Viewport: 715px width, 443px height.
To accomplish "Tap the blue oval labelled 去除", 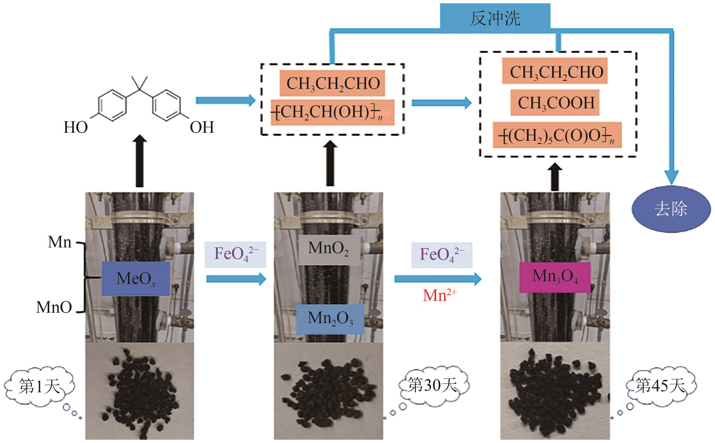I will pos(671,209).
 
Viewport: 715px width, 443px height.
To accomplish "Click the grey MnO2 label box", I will pos(328,249).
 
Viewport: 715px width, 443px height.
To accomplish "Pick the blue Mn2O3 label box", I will pos(330,319).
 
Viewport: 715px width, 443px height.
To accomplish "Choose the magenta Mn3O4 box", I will pos(555,277).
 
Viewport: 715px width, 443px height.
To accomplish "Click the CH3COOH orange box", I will pos(555,103).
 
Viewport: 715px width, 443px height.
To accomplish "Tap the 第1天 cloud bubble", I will pos(39,386).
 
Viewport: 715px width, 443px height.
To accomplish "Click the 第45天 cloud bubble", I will pos(660,385).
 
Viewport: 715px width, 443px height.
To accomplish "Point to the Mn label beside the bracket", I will pos(60,242).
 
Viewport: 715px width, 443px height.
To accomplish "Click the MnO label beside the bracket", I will pos(54,307).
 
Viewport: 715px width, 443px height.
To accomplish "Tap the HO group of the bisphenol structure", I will pos(76,128).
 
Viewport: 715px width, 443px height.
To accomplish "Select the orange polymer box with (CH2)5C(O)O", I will pos(557,135).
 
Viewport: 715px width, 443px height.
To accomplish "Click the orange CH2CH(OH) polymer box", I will pos(332,112).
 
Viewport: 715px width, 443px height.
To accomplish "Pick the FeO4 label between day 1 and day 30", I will pos(236,254).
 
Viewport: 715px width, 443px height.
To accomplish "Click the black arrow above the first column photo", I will pos(140,161).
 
